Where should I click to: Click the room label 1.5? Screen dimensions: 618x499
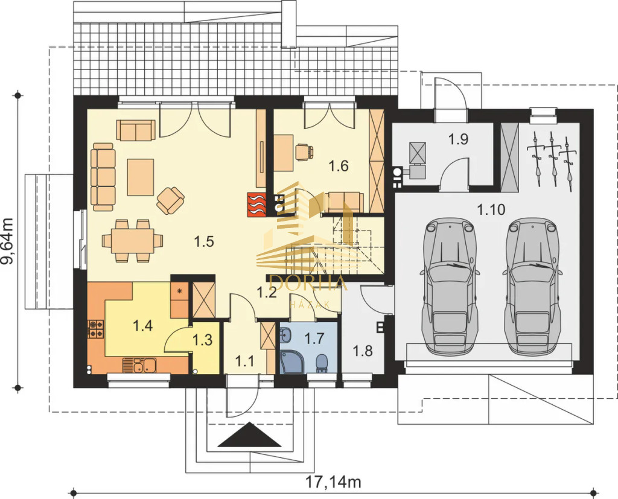(x=204, y=241)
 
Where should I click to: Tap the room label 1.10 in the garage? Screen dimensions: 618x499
(x=491, y=209)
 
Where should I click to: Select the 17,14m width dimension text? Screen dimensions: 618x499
(x=333, y=482)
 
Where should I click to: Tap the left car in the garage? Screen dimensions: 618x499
(x=449, y=285)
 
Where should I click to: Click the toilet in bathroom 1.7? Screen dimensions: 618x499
(x=322, y=363)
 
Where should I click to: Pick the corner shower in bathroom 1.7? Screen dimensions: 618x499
(x=290, y=363)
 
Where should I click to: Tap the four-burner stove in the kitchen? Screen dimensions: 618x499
(x=96, y=329)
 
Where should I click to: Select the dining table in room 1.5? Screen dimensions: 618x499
(x=132, y=241)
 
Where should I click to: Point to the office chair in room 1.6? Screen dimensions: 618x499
(x=304, y=152)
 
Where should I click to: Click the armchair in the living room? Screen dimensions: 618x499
(x=170, y=200)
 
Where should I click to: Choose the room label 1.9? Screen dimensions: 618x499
(x=459, y=139)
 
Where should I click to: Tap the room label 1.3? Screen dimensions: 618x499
(x=203, y=340)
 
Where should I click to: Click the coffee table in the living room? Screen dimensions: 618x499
(x=140, y=177)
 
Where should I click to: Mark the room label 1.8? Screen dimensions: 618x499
(x=363, y=351)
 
